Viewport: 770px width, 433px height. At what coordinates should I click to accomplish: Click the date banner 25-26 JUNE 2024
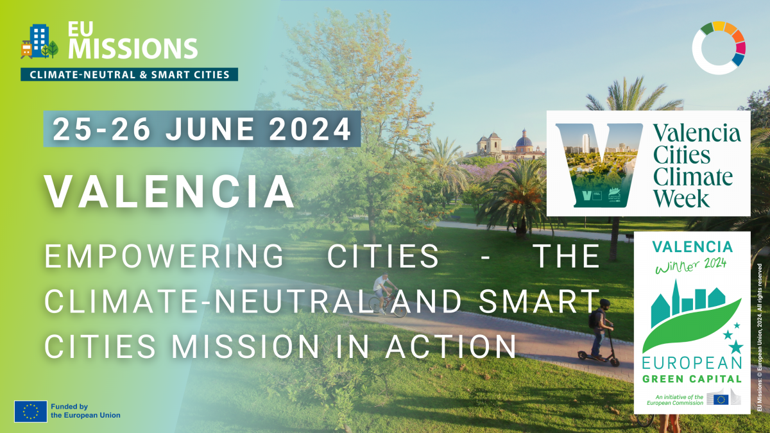click(201, 129)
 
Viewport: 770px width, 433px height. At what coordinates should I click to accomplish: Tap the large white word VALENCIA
click(169, 191)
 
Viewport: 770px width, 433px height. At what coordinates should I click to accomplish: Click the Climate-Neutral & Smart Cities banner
click(129, 74)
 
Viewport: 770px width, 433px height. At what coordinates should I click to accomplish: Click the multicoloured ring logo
click(719, 47)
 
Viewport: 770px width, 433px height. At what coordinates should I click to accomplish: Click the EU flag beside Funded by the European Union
click(30, 411)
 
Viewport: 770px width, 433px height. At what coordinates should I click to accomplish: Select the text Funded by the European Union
click(85, 411)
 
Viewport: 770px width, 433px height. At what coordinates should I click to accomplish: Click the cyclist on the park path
click(387, 294)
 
